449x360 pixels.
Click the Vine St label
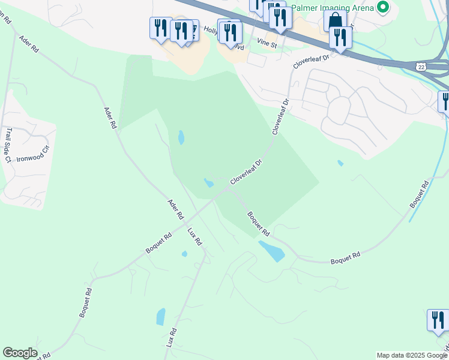pos(267,44)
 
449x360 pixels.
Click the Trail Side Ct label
pos(8,144)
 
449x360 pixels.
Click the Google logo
pos(20,353)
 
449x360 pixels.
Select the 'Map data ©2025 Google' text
pos(411,355)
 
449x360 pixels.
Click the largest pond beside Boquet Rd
pos(272,250)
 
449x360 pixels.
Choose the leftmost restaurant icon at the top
pos(160,28)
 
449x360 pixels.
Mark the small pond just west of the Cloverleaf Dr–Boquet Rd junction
pos(209,182)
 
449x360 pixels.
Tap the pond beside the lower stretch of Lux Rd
pos(161,316)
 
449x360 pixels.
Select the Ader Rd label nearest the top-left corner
pos(28,44)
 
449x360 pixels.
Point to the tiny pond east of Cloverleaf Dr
pos(340,163)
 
